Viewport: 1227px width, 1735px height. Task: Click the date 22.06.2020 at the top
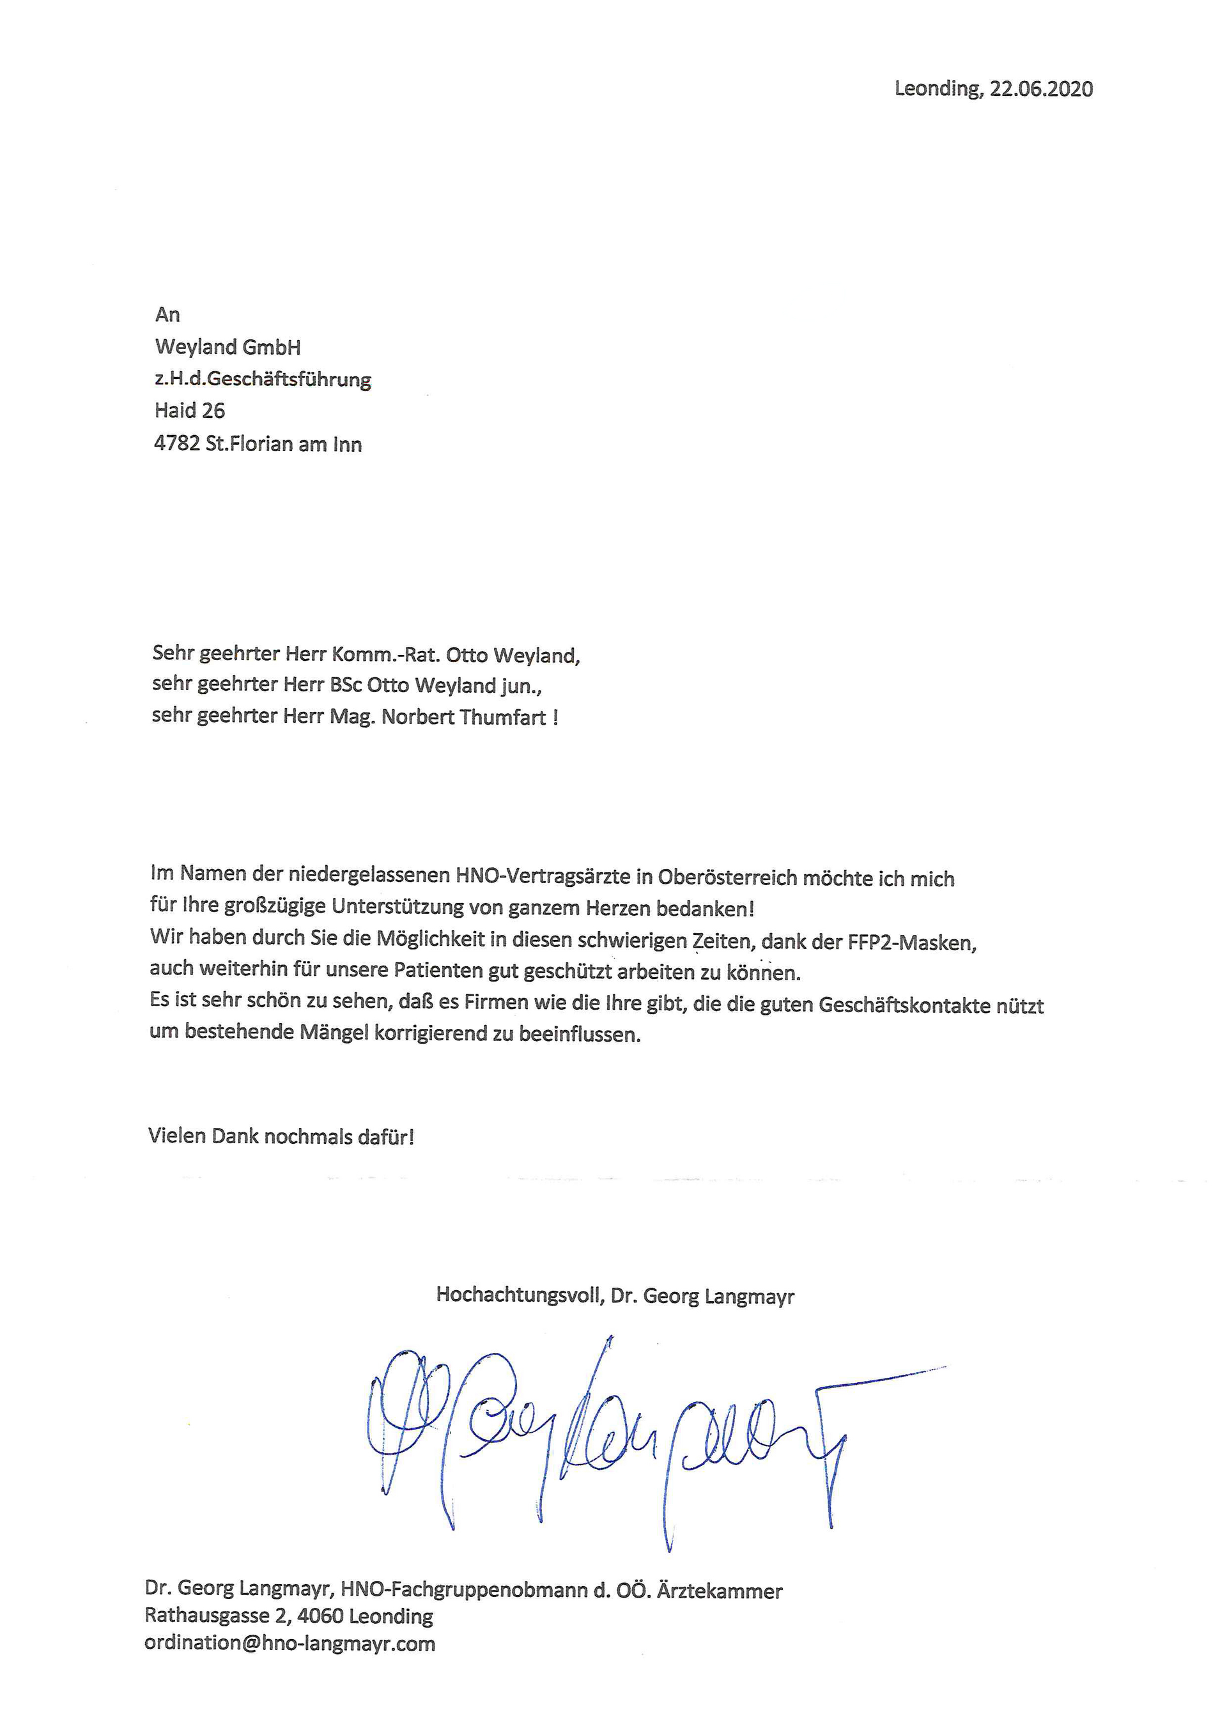(x=1041, y=89)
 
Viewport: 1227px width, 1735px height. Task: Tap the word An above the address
(x=167, y=314)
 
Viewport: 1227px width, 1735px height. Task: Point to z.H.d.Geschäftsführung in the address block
(x=263, y=380)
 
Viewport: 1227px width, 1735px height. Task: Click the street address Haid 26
(x=190, y=411)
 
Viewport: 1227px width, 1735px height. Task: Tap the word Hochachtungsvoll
(x=520, y=1295)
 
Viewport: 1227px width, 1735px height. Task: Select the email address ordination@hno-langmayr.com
(x=290, y=1644)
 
